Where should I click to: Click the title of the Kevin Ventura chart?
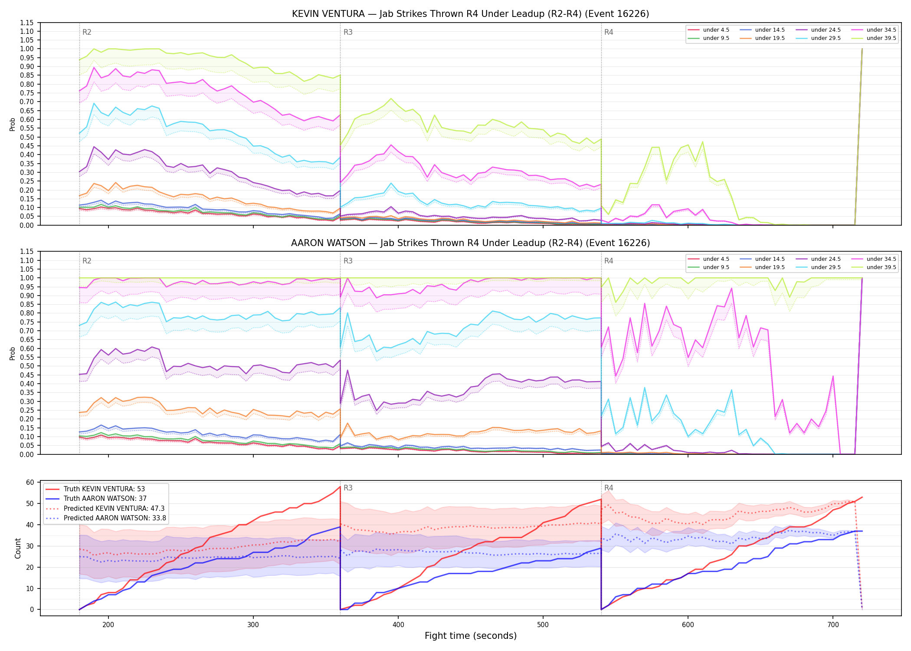pos(470,14)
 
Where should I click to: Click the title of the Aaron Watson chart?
pos(470,243)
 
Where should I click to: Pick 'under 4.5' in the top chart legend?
pos(716,30)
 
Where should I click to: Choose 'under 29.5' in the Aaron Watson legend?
pos(826,267)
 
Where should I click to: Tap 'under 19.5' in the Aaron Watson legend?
pos(770,267)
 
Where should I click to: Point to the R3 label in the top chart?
pos(348,32)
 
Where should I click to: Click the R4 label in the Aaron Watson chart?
pos(609,261)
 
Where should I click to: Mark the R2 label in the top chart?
pos(87,32)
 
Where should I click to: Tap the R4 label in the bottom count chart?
pos(609,488)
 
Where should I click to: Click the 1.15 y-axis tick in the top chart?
pos(27,23)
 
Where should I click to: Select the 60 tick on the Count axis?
pos(30,482)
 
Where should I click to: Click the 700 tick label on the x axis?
pos(833,625)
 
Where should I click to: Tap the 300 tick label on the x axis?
pos(253,625)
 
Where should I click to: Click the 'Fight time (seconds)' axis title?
pos(471,636)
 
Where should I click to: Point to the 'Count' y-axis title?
pos(18,548)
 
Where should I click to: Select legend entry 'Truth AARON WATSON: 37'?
pos(105,499)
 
